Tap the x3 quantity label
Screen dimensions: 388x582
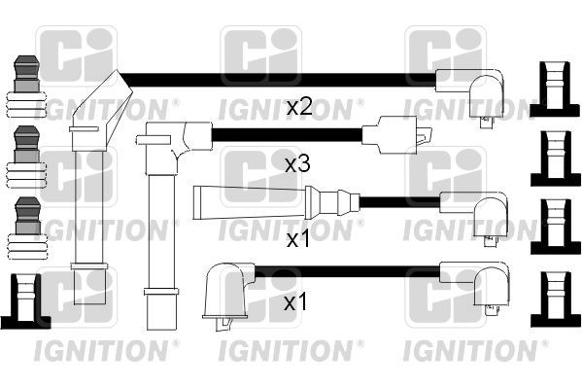pos(296,164)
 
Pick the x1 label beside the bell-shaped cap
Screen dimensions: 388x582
pos(296,304)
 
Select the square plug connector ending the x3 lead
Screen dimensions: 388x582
pos(393,135)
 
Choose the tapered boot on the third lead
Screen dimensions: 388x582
pos(248,202)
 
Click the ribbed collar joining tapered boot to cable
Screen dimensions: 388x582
pos(331,202)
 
